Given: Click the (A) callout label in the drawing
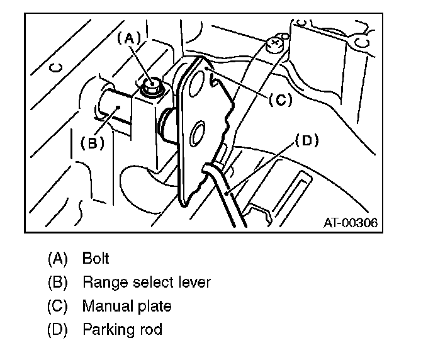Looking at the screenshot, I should click(131, 38).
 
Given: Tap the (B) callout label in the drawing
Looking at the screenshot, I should click(92, 143).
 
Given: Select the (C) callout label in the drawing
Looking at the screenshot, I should click(279, 99).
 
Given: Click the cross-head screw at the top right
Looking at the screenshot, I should click(274, 44).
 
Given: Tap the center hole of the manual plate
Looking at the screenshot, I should click(197, 133).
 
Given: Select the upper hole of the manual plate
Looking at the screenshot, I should click(199, 80).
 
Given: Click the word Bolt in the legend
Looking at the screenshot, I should click(96, 258).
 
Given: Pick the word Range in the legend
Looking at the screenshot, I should click(102, 282).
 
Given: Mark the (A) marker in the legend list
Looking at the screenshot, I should click(57, 258).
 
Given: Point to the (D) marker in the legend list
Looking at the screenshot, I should click(57, 329).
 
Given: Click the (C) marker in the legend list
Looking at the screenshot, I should click(57, 306).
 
